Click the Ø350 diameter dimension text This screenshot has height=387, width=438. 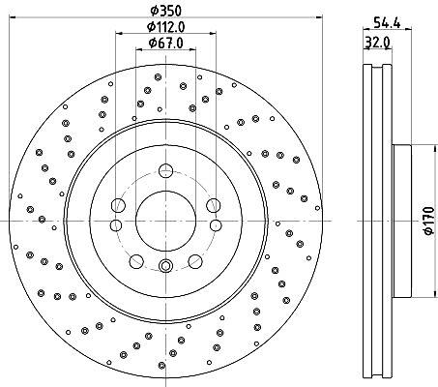(x=166, y=11)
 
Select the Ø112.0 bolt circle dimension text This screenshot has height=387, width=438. (x=166, y=27)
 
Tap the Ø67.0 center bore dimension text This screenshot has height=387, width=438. (x=166, y=43)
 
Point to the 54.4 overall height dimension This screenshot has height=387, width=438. (x=387, y=23)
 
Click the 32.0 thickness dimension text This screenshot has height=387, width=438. (x=378, y=42)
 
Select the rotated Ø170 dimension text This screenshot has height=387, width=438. (x=429, y=221)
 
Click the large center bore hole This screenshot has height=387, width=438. (x=165, y=221)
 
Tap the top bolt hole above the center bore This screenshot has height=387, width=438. (x=166, y=170)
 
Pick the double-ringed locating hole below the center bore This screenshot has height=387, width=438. (x=166, y=266)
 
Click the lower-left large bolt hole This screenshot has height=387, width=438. (x=136, y=261)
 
